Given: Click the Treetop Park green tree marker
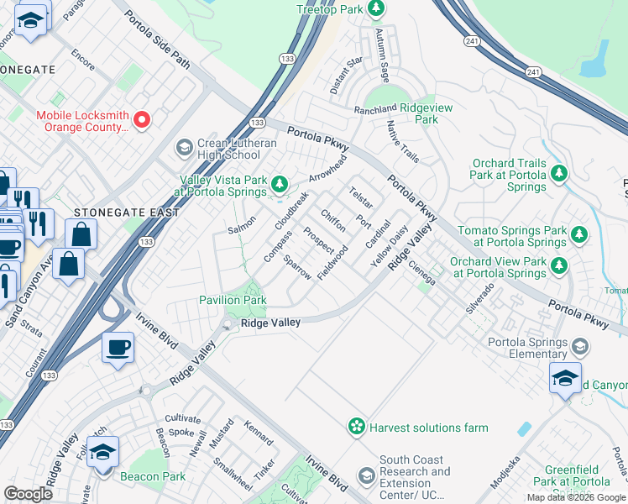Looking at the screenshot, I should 377,9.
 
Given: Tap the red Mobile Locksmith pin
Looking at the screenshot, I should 142,121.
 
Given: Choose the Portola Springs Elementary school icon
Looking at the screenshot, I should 580,346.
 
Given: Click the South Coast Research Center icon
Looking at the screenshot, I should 366,477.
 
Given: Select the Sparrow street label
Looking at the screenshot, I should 298,267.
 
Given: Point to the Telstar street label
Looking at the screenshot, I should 361,197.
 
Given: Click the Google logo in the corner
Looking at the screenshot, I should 29,494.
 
